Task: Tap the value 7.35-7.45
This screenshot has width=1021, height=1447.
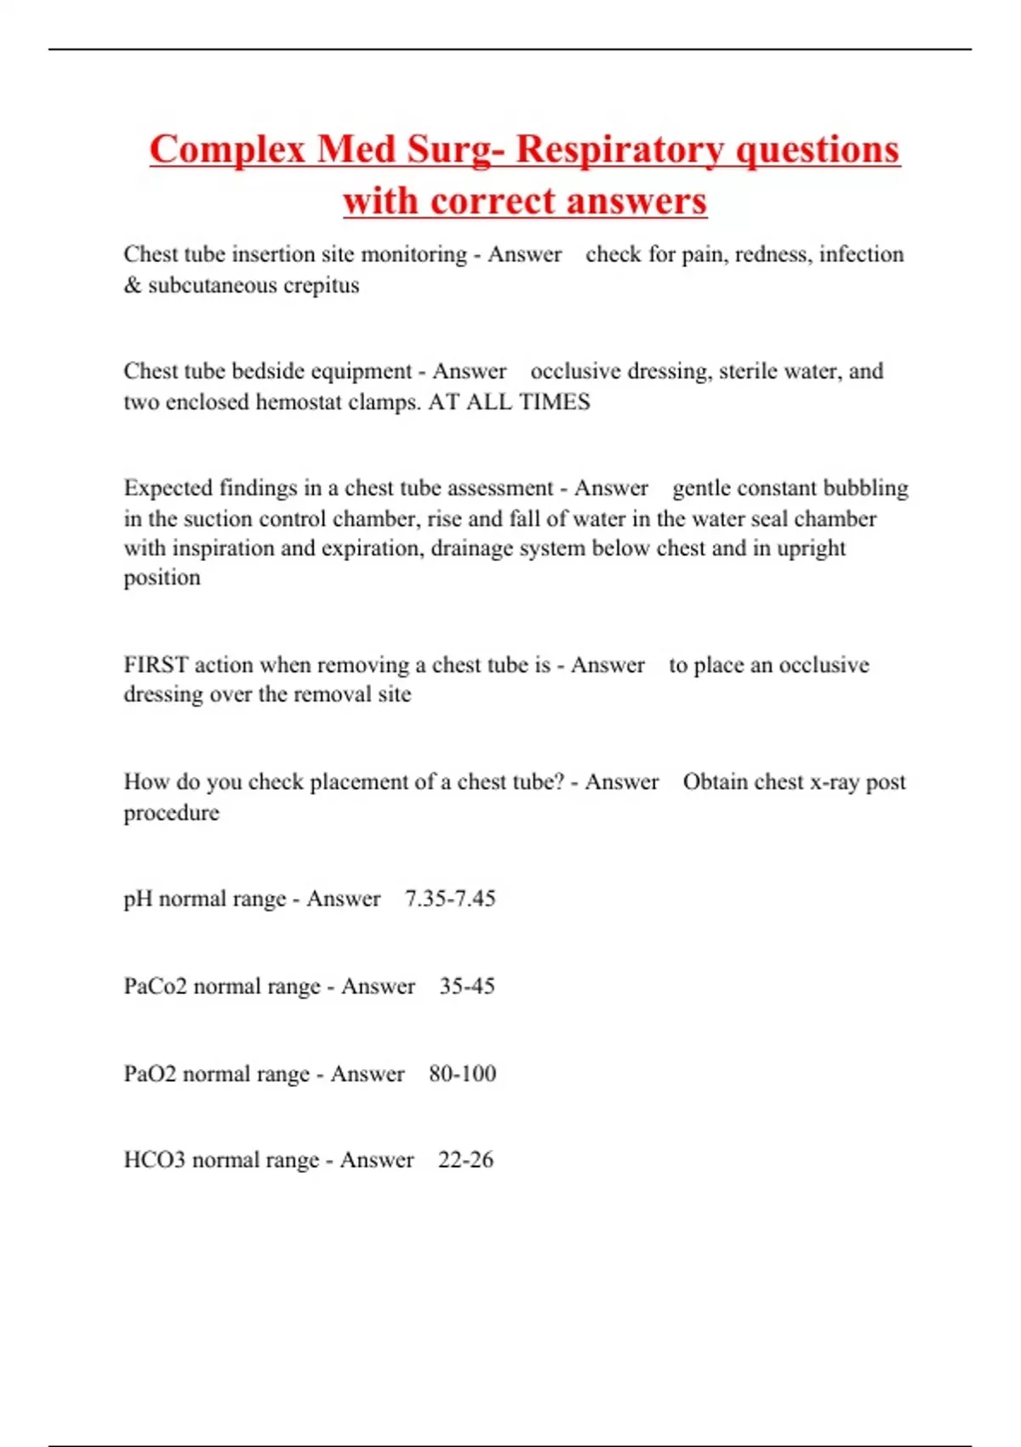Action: click(x=450, y=899)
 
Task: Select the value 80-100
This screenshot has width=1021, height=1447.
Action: click(x=462, y=1073)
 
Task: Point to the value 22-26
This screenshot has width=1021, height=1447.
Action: click(x=465, y=1160)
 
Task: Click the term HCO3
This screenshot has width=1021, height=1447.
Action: click(x=154, y=1160)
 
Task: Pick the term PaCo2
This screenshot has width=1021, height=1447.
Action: click(x=155, y=987)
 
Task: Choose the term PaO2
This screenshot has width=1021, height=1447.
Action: click(x=150, y=1073)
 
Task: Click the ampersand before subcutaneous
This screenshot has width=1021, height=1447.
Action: click(x=132, y=285)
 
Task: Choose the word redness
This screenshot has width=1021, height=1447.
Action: click(x=773, y=255)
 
